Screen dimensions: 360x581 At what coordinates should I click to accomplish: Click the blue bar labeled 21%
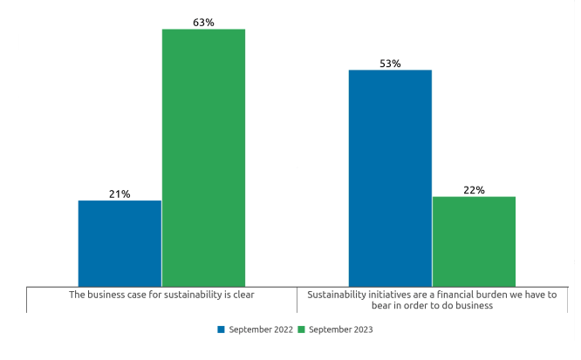[x=120, y=243]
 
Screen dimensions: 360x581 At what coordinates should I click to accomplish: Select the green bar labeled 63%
[x=203, y=158]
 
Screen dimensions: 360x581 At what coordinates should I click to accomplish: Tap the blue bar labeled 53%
[x=390, y=178]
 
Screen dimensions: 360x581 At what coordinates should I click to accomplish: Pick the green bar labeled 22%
[x=474, y=241]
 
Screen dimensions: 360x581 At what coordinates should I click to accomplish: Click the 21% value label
[x=120, y=194]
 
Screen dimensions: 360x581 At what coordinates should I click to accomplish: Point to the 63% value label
[x=203, y=22]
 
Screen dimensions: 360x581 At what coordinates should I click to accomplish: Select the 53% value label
[x=390, y=64]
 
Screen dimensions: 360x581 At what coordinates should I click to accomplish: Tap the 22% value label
[x=475, y=190]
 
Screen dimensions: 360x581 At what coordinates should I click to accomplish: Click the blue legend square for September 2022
[x=221, y=329]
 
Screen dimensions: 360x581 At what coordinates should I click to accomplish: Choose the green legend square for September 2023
[x=302, y=329]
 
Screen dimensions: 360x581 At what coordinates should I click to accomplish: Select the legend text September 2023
[x=340, y=329]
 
